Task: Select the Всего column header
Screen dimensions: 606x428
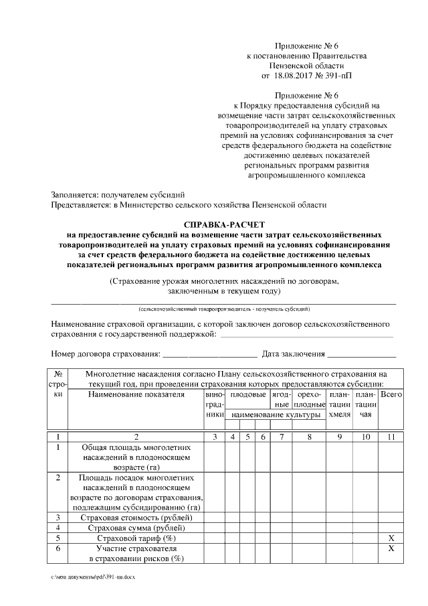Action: point(390,396)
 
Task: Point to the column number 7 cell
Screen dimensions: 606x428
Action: point(282,437)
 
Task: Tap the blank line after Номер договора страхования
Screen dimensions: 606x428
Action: point(210,354)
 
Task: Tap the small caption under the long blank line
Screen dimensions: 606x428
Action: point(224,309)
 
